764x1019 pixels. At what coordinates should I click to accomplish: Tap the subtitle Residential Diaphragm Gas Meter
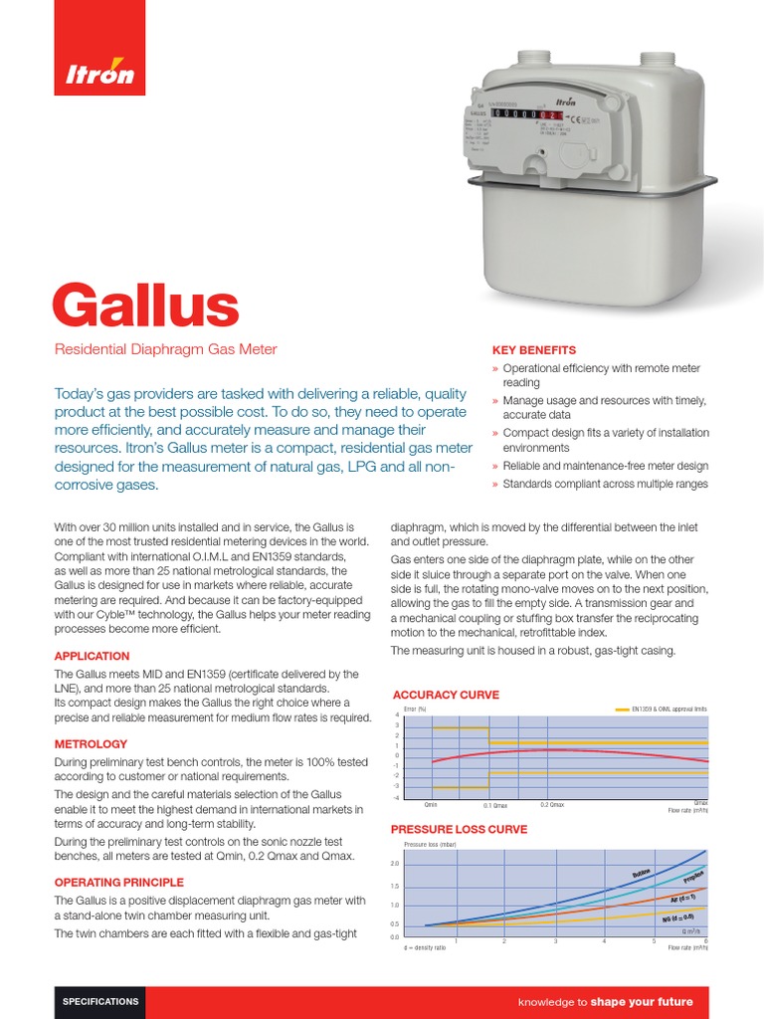click(x=164, y=349)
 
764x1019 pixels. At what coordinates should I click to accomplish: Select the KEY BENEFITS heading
click(x=534, y=350)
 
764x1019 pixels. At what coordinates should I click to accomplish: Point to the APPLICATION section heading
click(x=92, y=656)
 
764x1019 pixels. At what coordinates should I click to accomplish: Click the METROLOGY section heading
click(x=91, y=743)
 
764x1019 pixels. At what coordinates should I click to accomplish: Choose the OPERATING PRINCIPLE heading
click(x=118, y=882)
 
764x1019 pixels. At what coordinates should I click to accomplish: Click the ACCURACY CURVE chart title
click(x=447, y=695)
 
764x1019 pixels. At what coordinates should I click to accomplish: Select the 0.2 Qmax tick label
click(x=552, y=804)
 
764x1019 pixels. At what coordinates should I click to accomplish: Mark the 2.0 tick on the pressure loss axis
click(x=395, y=863)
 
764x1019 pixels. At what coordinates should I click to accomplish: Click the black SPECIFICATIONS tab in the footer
click(x=100, y=1001)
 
